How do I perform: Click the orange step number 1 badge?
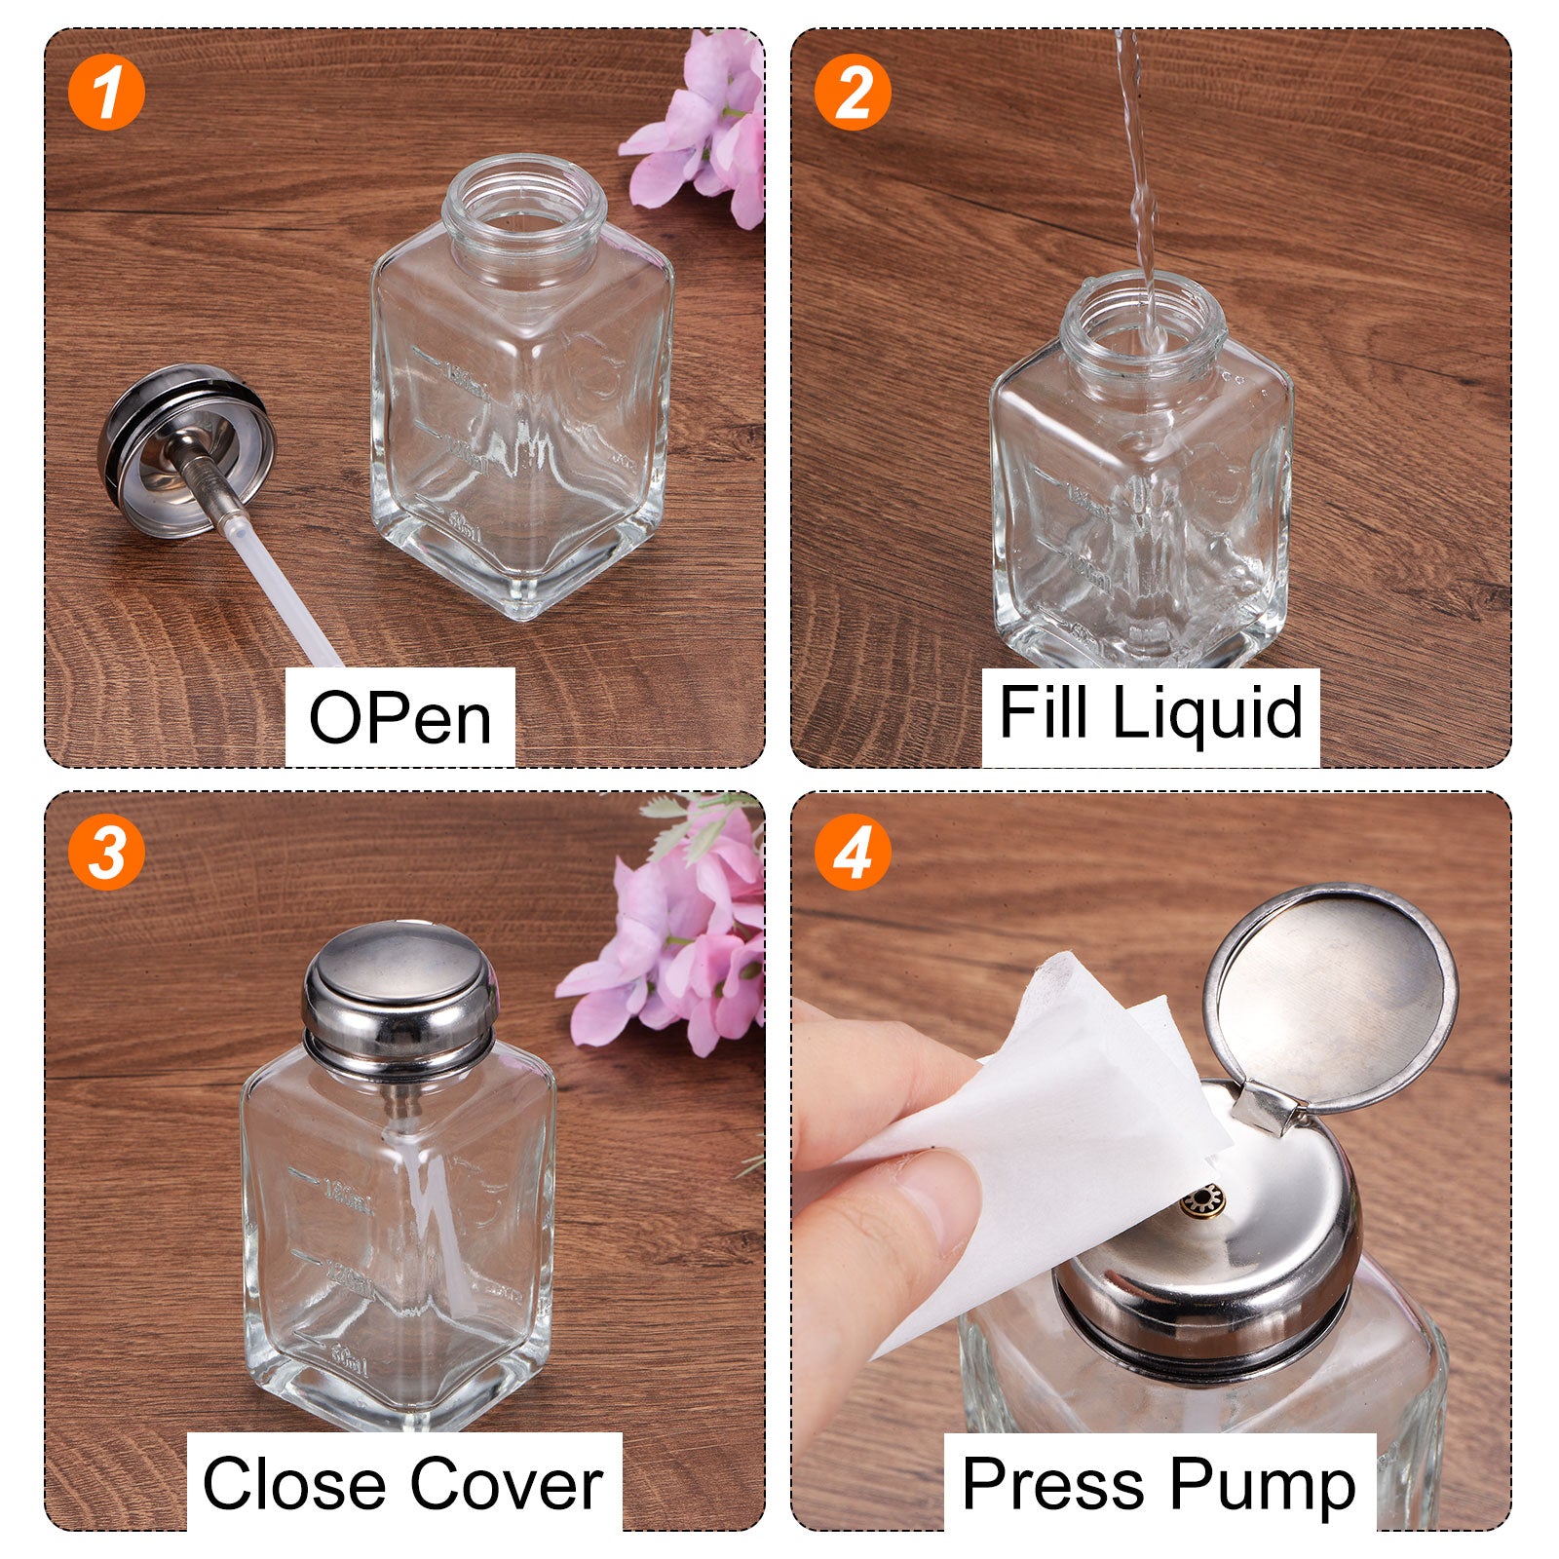(x=107, y=93)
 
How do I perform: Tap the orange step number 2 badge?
(x=853, y=93)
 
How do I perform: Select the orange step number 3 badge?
(x=107, y=853)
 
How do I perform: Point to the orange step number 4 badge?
(x=853, y=853)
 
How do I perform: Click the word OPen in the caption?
(x=399, y=718)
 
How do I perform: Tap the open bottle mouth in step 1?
(x=524, y=206)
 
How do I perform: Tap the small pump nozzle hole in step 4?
(x=1202, y=1200)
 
